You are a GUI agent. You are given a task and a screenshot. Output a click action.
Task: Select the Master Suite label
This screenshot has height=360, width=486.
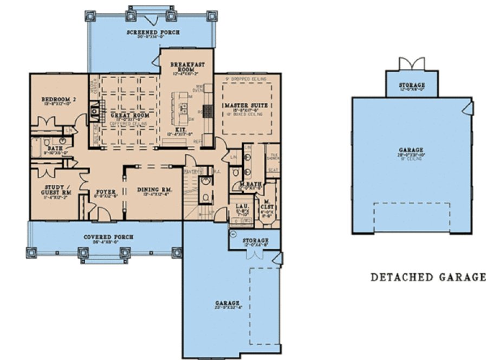[247, 104]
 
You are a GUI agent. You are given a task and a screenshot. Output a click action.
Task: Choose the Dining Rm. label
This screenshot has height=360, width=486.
[154, 190]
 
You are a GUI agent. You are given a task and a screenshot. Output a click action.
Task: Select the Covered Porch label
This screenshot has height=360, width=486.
[108, 237]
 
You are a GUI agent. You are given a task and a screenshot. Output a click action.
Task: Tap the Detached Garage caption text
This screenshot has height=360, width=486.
[427, 278]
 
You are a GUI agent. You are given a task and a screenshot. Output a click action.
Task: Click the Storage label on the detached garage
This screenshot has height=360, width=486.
[412, 85]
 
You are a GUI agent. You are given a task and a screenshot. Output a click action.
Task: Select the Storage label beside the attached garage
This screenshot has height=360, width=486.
[255, 240]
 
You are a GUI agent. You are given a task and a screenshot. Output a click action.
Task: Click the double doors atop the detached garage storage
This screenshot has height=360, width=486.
[412, 63]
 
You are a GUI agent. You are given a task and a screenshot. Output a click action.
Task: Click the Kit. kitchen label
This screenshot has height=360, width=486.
[182, 130]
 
